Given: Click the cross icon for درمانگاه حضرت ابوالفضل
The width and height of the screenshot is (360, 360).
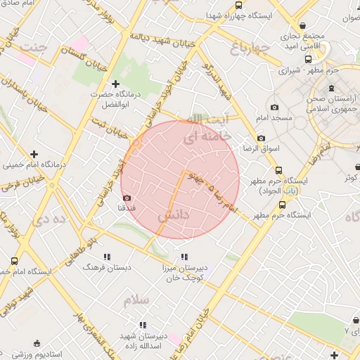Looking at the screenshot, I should coord(116,84).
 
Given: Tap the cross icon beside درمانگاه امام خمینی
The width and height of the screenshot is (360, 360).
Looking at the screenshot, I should coord(33,154).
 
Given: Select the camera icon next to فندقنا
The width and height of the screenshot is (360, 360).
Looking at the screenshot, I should coord(127,199).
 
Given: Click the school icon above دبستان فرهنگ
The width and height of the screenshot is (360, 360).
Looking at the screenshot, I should coord(108,257).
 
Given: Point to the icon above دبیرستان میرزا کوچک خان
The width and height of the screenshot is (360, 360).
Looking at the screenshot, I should coord(185,257).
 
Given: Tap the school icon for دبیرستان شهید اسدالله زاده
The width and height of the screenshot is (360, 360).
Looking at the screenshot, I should coord(143,325).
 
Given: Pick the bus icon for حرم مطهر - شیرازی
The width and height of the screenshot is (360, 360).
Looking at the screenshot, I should coord(307,60).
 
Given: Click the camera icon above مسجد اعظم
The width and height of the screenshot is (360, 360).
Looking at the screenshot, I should coord(274,108).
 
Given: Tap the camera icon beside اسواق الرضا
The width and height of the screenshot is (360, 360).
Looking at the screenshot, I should coord(261,139).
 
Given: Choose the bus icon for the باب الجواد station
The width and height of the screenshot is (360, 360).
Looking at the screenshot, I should coord(279,171).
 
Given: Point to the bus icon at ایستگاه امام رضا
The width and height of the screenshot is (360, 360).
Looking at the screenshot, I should coord(15,262).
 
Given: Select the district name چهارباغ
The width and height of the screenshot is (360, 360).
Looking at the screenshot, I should coord(250,48).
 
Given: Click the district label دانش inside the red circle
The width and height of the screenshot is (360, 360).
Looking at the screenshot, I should coord(173,217).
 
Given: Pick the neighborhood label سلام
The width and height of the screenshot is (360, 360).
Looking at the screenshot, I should coord(136,300).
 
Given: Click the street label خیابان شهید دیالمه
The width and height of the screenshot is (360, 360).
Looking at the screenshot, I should coord(153,40).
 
